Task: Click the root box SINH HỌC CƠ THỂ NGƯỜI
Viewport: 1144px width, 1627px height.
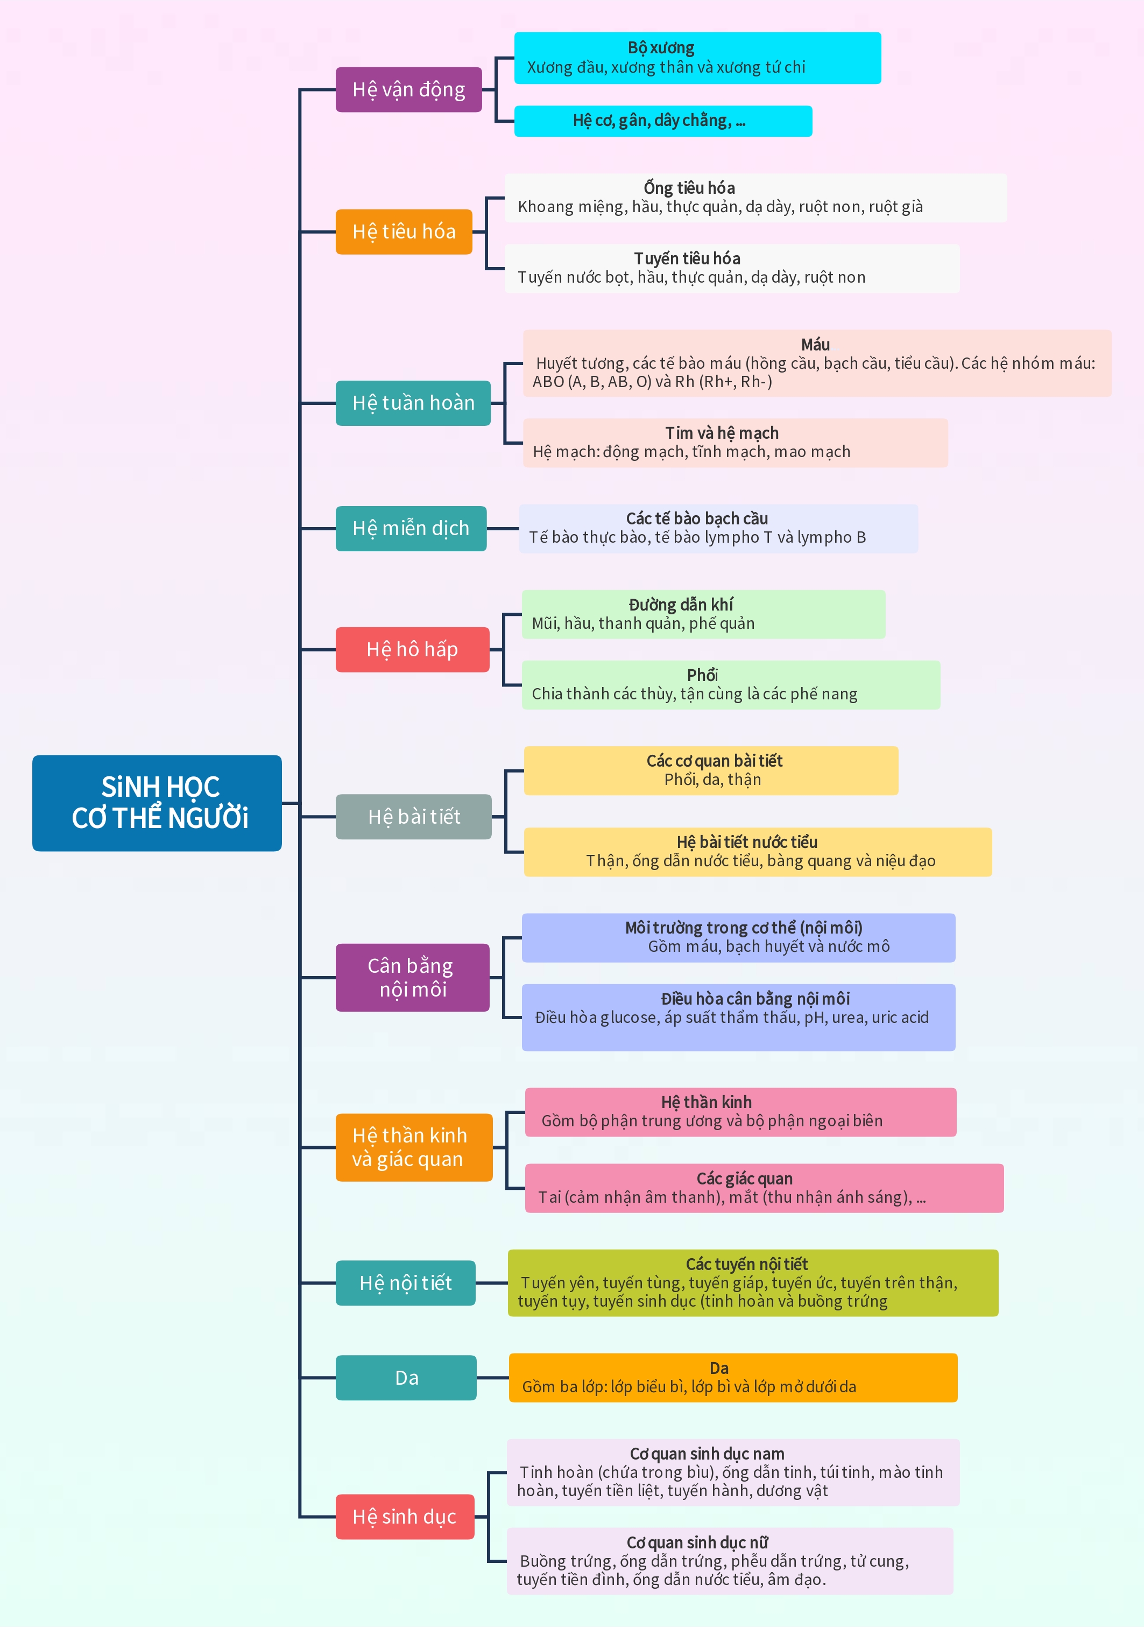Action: pyautogui.click(x=157, y=802)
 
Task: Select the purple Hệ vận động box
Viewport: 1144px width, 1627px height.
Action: pyautogui.click(x=409, y=89)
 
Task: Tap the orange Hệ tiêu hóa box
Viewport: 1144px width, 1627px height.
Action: pyautogui.click(x=404, y=231)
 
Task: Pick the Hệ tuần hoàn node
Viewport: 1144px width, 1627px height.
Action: pyautogui.click(x=413, y=403)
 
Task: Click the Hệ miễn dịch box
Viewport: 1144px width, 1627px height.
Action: pyautogui.click(x=411, y=528)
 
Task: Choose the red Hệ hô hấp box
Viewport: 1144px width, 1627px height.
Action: pyautogui.click(x=412, y=649)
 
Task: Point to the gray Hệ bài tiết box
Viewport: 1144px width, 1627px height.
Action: pyautogui.click(x=414, y=816)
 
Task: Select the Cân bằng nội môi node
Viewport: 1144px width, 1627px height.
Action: pyautogui.click(x=412, y=977)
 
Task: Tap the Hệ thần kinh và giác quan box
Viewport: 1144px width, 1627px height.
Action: pyautogui.click(x=414, y=1147)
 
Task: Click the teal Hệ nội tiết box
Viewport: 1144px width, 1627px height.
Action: pyautogui.click(x=405, y=1282)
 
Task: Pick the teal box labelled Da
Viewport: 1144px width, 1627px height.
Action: pyautogui.click(x=406, y=1378)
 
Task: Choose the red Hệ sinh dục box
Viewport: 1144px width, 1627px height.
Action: pyautogui.click(x=405, y=1517)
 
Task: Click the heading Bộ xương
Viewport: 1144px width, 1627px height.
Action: pyautogui.click(x=661, y=47)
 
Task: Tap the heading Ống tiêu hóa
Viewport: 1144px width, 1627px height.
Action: pyautogui.click(x=689, y=188)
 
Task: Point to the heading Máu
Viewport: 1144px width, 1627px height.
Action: pyautogui.click(x=815, y=345)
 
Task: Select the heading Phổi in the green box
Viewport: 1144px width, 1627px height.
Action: pyautogui.click(x=702, y=675)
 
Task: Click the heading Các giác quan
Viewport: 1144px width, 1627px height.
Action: pyautogui.click(x=745, y=1179)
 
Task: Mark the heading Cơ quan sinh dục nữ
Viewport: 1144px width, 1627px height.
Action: pyautogui.click(x=697, y=1542)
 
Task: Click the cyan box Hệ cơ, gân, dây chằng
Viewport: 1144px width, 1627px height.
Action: pyautogui.click(x=662, y=121)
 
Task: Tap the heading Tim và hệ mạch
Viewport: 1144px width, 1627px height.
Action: pyautogui.click(x=722, y=433)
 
